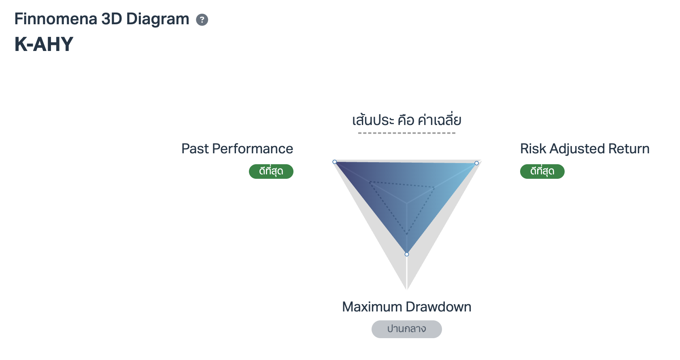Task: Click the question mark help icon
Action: pos(202,20)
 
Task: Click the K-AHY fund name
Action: pos(44,44)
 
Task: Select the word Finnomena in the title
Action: pos(55,19)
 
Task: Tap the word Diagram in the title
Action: pos(157,19)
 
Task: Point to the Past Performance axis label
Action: pos(237,149)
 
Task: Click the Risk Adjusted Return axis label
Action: pos(584,149)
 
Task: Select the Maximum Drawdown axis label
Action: pos(406,307)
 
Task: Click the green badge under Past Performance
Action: pos(271,172)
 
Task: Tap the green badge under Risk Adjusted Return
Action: pos(542,172)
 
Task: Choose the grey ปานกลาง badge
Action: pos(406,329)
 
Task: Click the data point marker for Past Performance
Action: pos(334,162)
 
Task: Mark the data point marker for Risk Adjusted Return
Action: pos(477,163)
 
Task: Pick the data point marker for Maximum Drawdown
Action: pos(407,254)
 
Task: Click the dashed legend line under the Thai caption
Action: pos(407,133)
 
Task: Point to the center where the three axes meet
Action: pos(407,203)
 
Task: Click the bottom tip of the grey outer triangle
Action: pos(407,290)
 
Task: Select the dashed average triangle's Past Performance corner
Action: pos(370,182)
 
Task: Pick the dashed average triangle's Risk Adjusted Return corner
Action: pos(435,187)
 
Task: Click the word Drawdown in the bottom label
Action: pos(438,307)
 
